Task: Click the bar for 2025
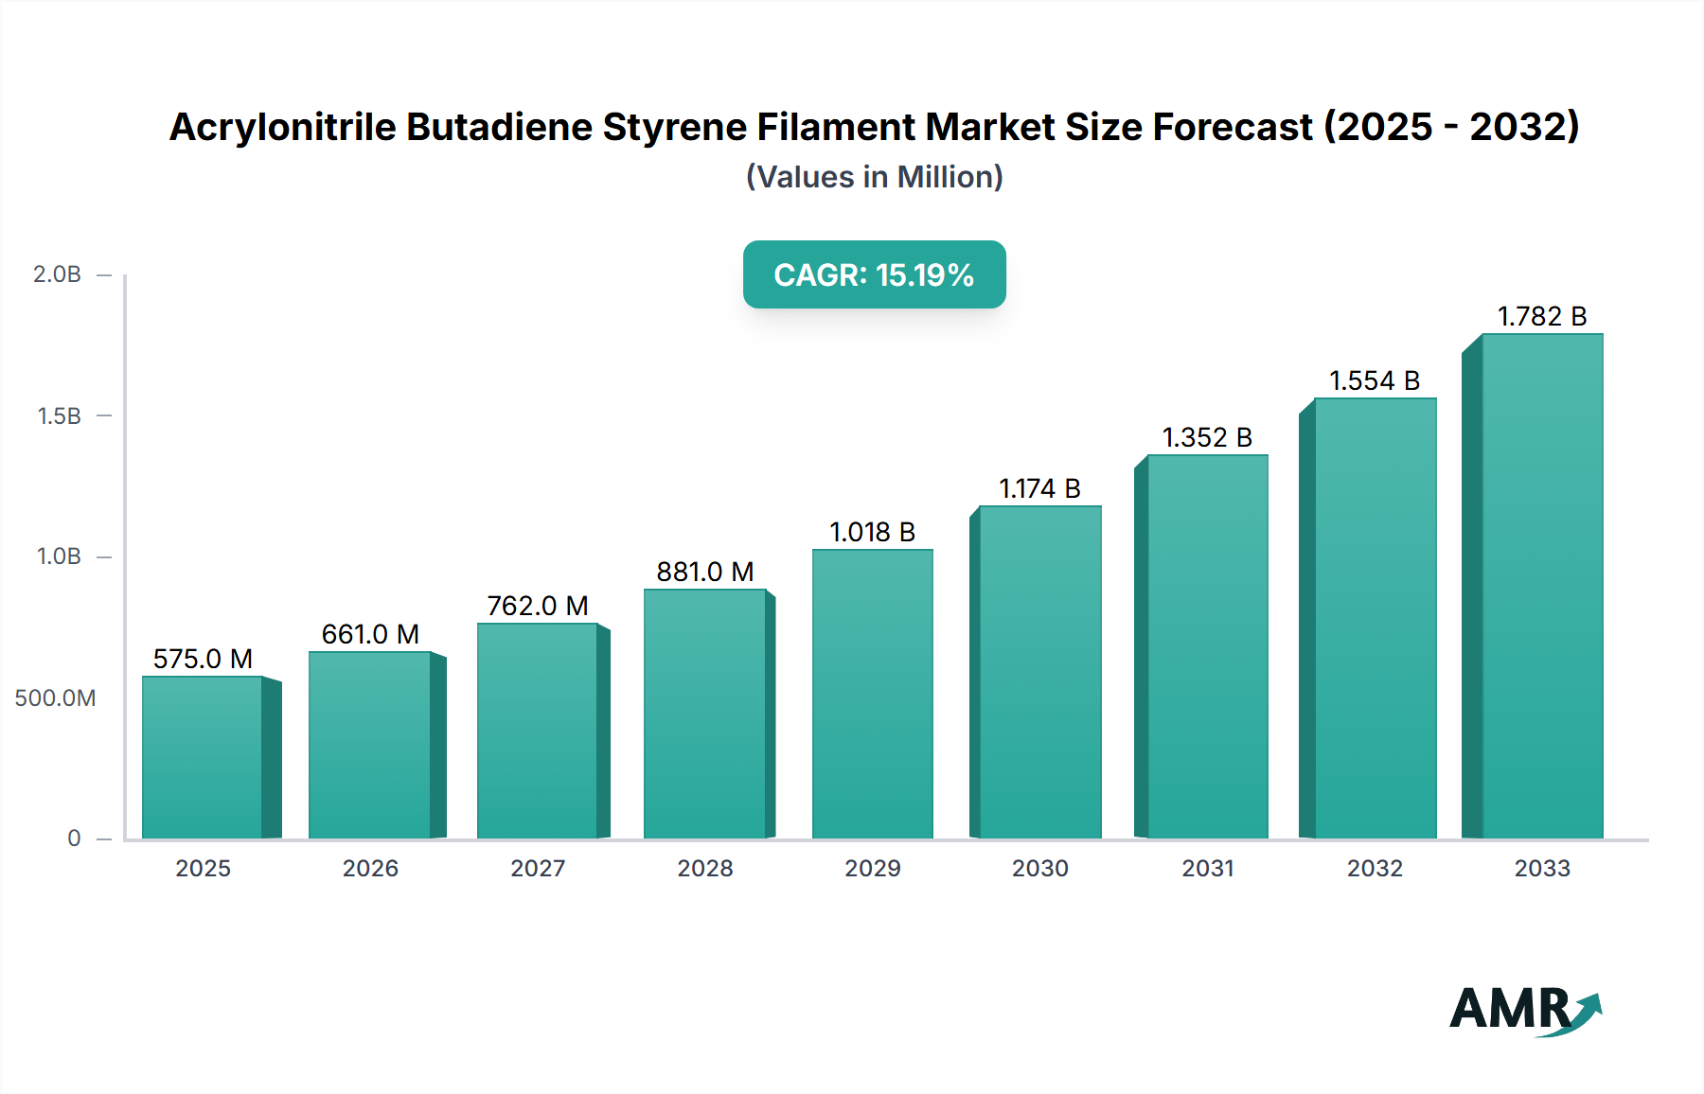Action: click(x=203, y=757)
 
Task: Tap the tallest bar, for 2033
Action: click(x=1541, y=587)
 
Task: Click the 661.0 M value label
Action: click(x=370, y=634)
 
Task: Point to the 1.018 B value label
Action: click(x=872, y=532)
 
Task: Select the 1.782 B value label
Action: click(x=1541, y=316)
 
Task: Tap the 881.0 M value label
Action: click(x=705, y=572)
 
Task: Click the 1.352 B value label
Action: click(x=1207, y=437)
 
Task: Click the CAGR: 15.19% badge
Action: click(x=874, y=274)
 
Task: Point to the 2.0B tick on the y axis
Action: click(x=58, y=274)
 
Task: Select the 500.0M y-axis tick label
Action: click(x=55, y=698)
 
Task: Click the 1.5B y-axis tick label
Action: click(x=60, y=416)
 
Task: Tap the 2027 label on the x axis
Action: click(x=538, y=868)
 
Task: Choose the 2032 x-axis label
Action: click(x=1375, y=868)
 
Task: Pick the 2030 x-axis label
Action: click(x=1039, y=868)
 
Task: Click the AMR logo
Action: click(x=1524, y=1010)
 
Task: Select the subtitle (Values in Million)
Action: click(x=874, y=177)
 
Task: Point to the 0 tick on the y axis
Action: click(x=74, y=838)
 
